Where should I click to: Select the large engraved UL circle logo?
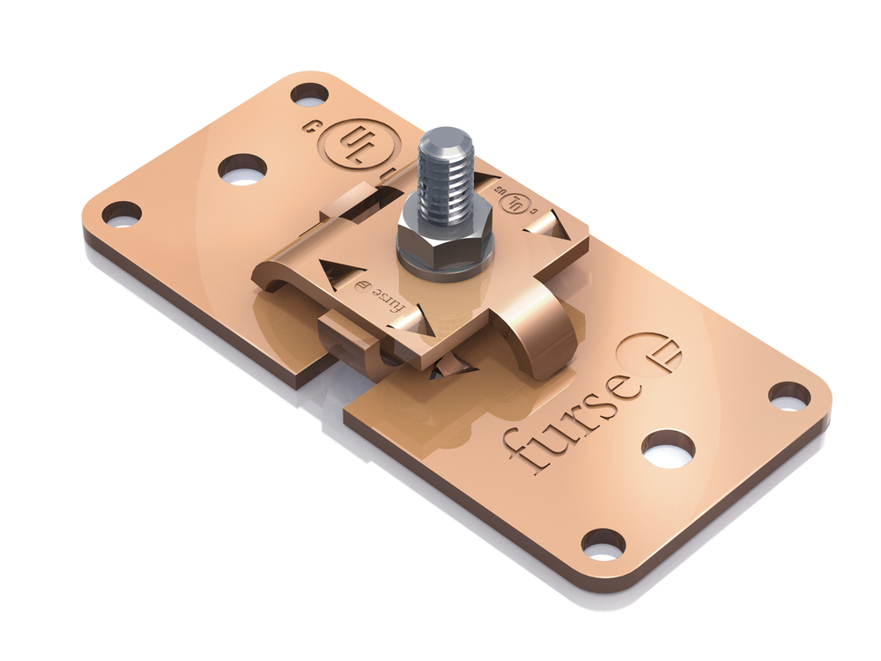click(356, 144)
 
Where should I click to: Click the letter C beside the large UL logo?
click(310, 126)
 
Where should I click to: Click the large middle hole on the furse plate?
click(668, 449)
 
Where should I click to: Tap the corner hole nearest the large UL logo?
click(309, 93)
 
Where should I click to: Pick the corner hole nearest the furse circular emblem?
click(788, 396)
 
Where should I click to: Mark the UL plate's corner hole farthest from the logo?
click(122, 213)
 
